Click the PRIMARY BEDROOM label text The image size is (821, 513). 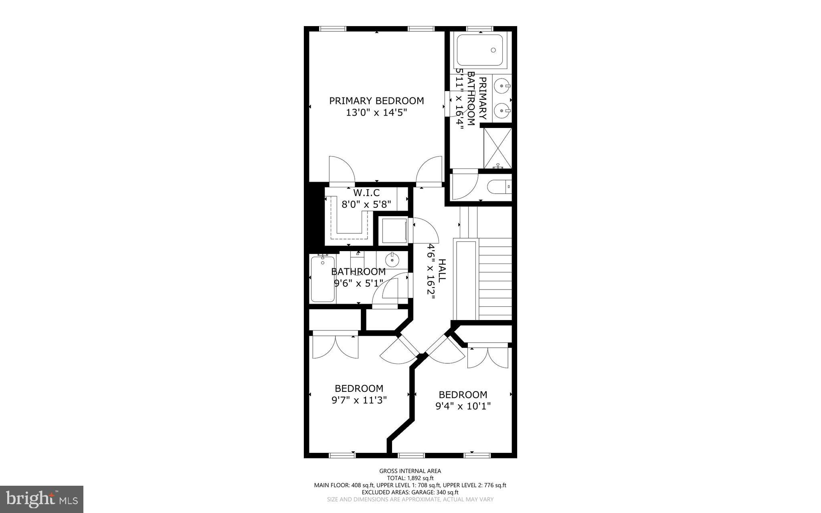376,101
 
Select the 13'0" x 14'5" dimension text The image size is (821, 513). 376,113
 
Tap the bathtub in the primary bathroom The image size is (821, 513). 479,50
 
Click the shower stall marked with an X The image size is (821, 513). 498,148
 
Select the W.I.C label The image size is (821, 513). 366,193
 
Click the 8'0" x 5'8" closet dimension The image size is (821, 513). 366,204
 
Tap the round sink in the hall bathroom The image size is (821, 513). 392,260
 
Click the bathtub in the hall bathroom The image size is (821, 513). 323,279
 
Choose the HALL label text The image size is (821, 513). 441,271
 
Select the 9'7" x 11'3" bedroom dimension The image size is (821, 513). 359,400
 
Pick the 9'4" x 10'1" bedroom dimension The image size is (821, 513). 463,406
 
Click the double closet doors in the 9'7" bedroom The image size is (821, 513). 335,347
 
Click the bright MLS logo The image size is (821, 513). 42,499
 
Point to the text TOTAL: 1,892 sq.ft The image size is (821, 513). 410,478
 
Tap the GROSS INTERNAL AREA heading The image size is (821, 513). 410,471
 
